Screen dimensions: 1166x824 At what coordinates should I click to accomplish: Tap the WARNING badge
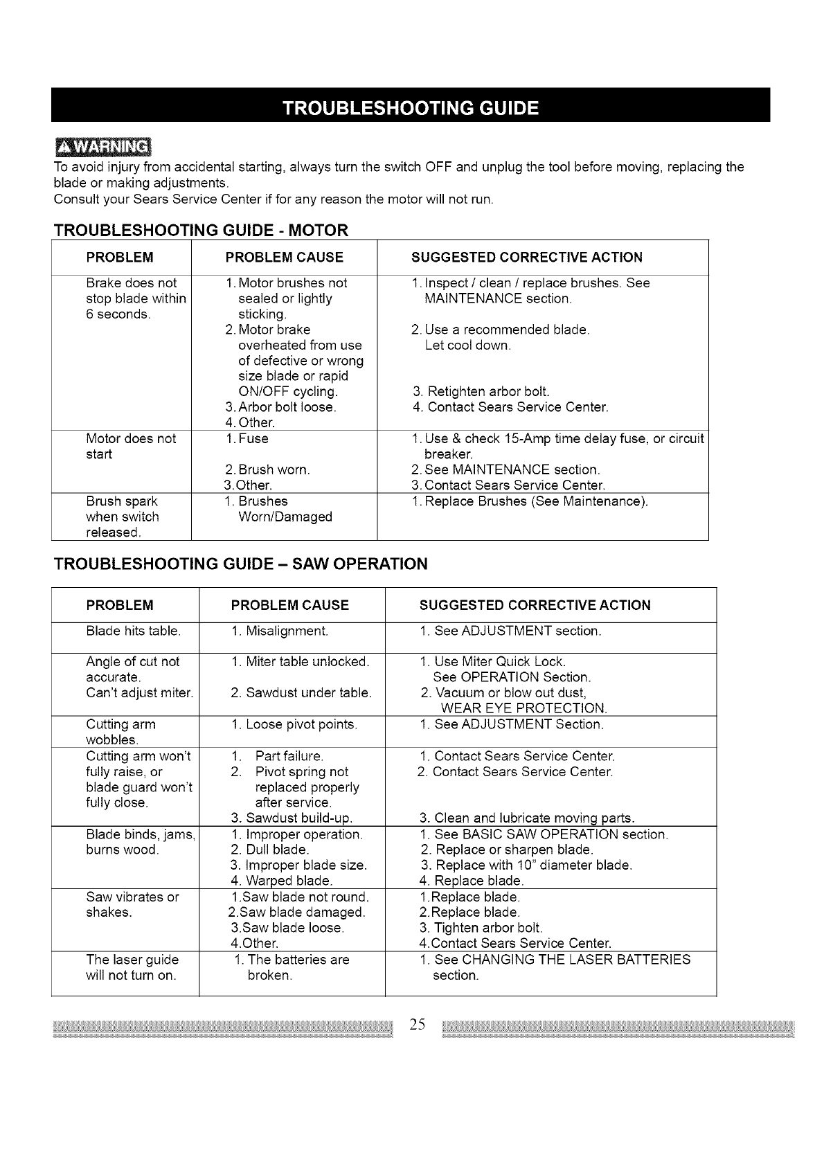103,147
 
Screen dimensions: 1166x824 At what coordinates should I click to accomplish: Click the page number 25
417,1024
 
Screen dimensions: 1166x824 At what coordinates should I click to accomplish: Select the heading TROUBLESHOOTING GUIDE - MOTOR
201,230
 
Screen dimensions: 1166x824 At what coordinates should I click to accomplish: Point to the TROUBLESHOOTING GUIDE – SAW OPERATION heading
240,564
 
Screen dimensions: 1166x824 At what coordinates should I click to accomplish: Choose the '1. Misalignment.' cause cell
280,631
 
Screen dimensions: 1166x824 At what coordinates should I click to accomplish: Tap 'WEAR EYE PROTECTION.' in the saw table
523,708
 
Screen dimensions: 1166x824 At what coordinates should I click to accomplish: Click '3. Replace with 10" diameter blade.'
526,865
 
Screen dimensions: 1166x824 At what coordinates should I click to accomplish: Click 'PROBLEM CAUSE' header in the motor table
285,258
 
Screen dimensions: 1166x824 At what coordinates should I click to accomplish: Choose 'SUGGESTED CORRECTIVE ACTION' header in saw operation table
535,605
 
